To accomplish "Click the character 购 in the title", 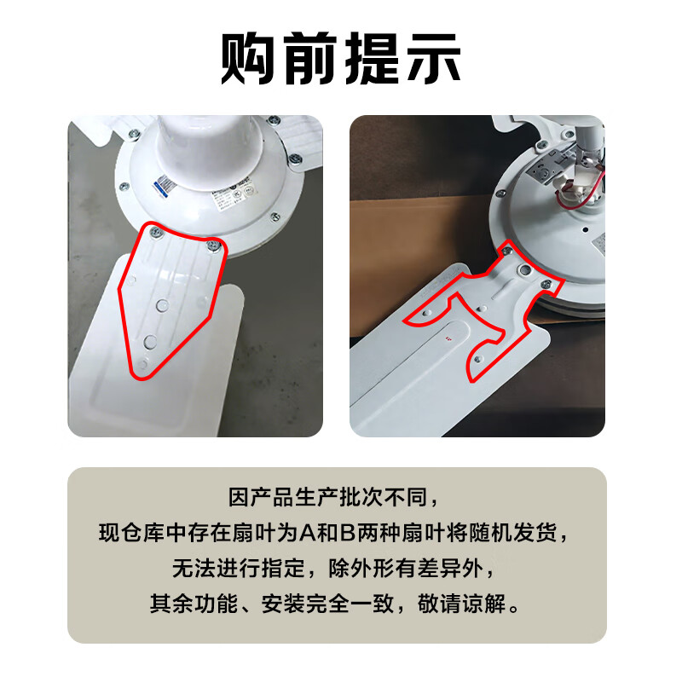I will pos(251,58).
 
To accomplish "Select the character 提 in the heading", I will pos(372,58).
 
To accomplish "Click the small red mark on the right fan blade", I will pos(447,336).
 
